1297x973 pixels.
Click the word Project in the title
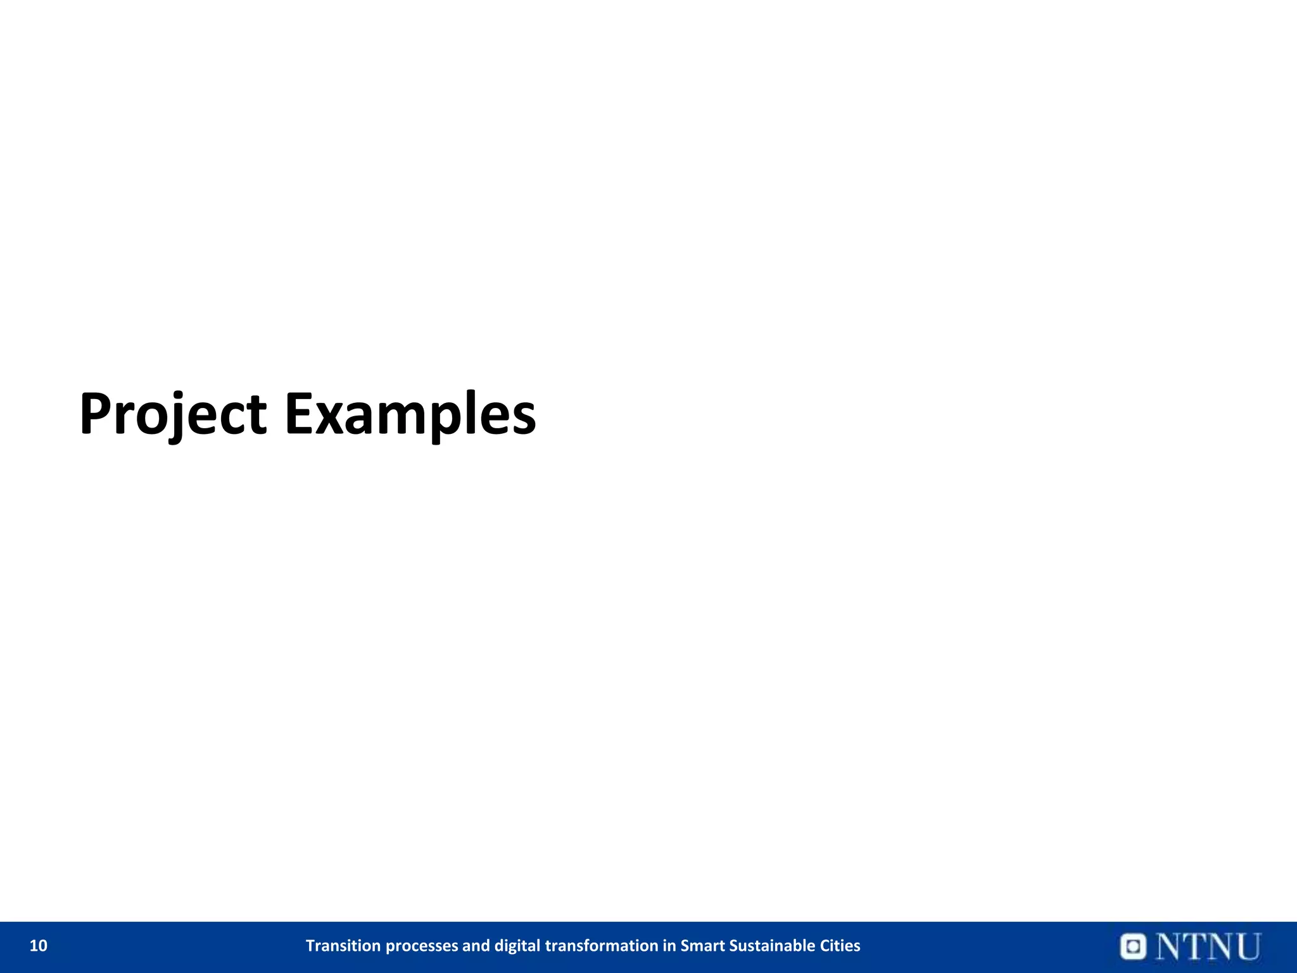(172, 415)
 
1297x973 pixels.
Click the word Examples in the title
(410, 415)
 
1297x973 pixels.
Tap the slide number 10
(39, 946)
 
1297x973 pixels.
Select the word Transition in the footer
(344, 946)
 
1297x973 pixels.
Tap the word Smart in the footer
(702, 946)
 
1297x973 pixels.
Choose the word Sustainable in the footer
(776, 946)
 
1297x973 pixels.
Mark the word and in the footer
(476, 946)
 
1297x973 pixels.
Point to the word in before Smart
(669, 946)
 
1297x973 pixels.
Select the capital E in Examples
(300, 415)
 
